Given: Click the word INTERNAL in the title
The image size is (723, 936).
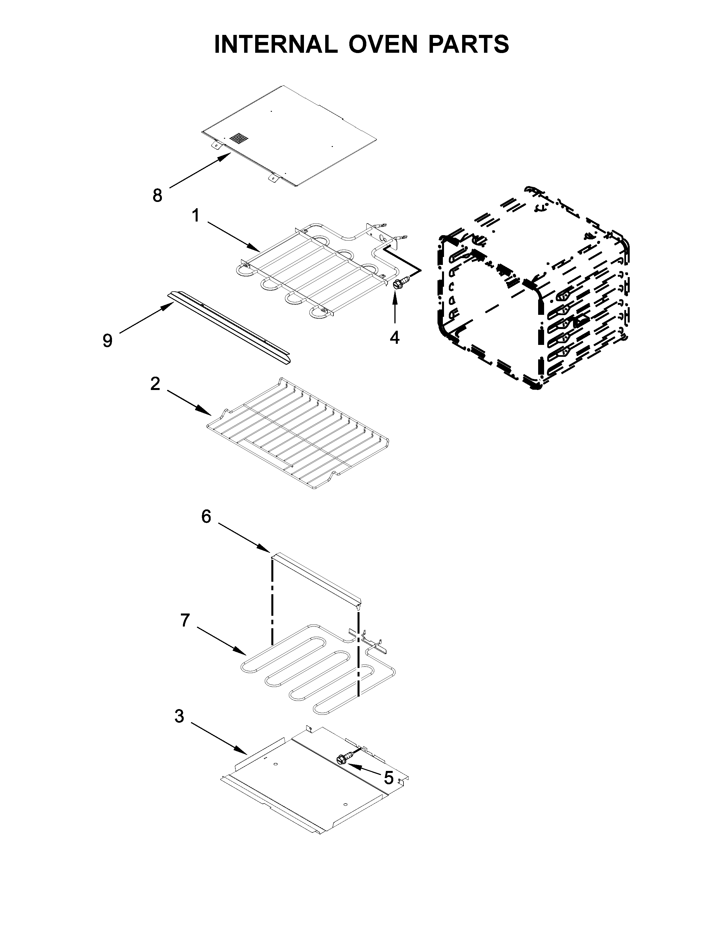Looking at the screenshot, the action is (275, 44).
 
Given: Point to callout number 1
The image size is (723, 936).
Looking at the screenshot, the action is (196, 216).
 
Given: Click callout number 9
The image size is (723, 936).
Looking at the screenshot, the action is (107, 341).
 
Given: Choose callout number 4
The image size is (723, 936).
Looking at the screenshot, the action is (394, 338).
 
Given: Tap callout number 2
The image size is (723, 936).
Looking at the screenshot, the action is (155, 383).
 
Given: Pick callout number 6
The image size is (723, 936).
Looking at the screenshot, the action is (206, 517).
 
